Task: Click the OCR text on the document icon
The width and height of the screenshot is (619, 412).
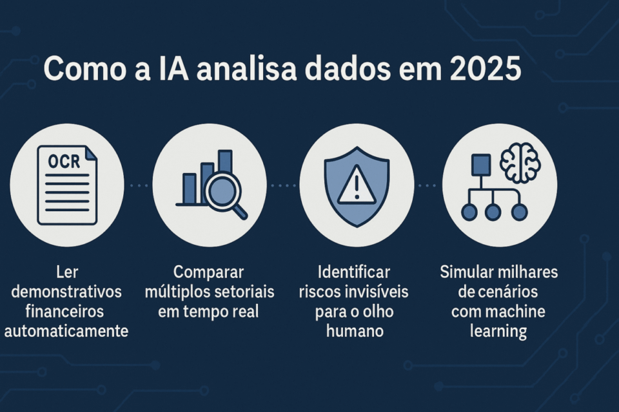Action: point(64,162)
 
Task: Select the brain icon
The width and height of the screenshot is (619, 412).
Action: point(520,163)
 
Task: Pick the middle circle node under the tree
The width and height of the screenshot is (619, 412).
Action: point(493,212)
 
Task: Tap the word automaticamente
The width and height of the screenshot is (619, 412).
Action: point(66,332)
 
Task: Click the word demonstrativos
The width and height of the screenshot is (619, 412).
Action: point(66,292)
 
